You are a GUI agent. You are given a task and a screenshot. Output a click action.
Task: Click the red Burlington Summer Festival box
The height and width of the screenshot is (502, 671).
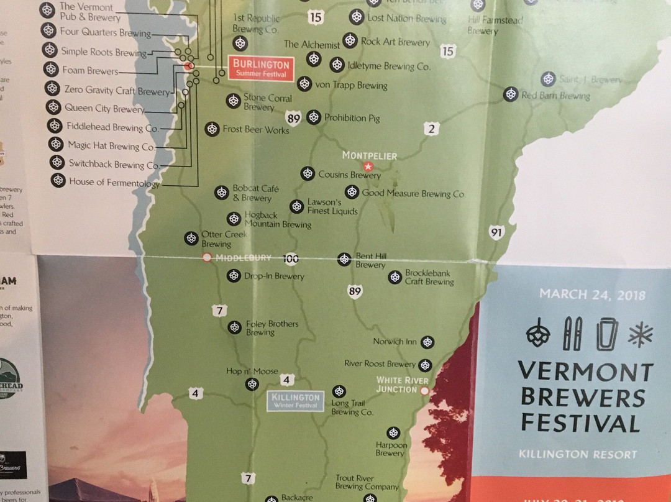click(x=262, y=68)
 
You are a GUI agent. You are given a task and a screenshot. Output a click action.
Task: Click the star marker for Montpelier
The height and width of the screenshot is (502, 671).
click(x=368, y=167)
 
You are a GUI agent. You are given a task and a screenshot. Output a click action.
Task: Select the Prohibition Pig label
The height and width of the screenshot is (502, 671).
click(x=352, y=117)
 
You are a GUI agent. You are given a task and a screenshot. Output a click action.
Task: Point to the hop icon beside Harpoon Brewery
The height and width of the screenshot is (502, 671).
click(x=393, y=432)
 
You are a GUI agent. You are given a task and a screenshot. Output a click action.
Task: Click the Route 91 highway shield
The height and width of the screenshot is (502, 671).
click(x=496, y=233)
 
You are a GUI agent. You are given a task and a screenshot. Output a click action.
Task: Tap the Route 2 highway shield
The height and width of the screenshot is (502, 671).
click(x=431, y=129)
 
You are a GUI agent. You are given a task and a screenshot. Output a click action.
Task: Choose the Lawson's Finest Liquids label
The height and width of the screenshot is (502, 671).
click(x=332, y=207)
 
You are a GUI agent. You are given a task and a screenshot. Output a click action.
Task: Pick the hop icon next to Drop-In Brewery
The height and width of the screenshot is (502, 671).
click(x=234, y=275)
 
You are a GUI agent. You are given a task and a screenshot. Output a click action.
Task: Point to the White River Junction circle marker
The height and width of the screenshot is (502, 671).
click(x=425, y=391)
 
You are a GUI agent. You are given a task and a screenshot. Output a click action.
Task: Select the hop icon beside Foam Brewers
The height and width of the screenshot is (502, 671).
click(x=52, y=70)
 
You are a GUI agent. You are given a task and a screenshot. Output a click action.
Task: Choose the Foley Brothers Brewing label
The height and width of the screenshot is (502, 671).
click(x=272, y=328)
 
